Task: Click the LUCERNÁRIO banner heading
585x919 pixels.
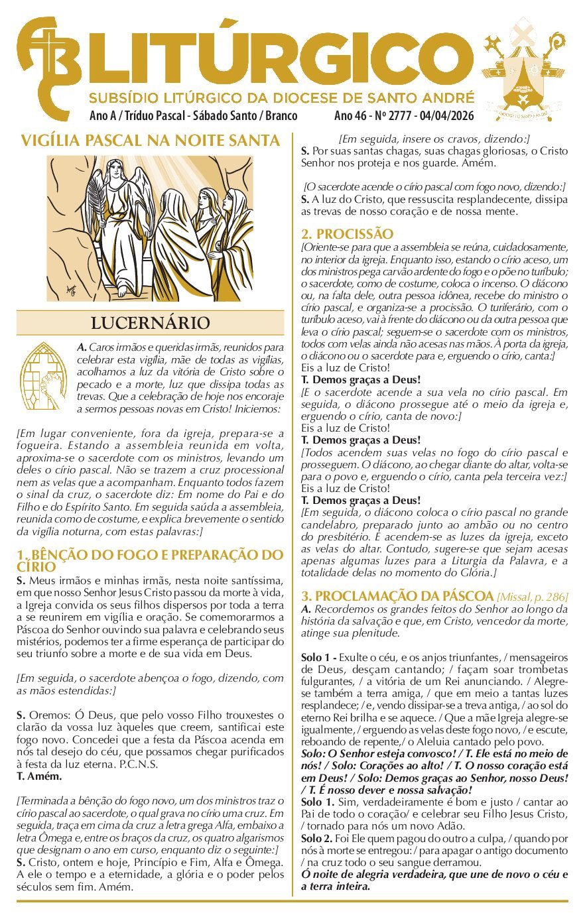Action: pos(150,324)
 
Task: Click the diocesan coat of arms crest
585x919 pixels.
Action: pos(524,70)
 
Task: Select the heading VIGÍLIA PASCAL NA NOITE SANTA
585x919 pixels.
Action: pos(150,141)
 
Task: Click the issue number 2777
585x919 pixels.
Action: pos(396,116)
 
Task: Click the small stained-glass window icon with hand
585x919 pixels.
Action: pos(43,376)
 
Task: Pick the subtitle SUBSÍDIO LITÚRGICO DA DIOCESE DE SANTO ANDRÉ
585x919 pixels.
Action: pos(281,97)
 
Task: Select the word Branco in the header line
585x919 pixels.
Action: pos(281,116)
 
